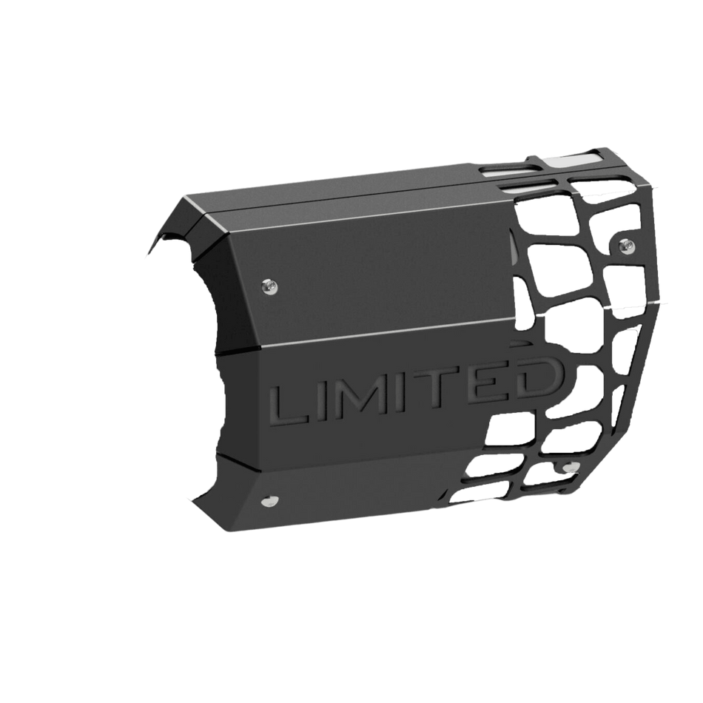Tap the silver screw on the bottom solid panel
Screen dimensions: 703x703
(268, 501)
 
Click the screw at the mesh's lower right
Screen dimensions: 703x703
(568, 467)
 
